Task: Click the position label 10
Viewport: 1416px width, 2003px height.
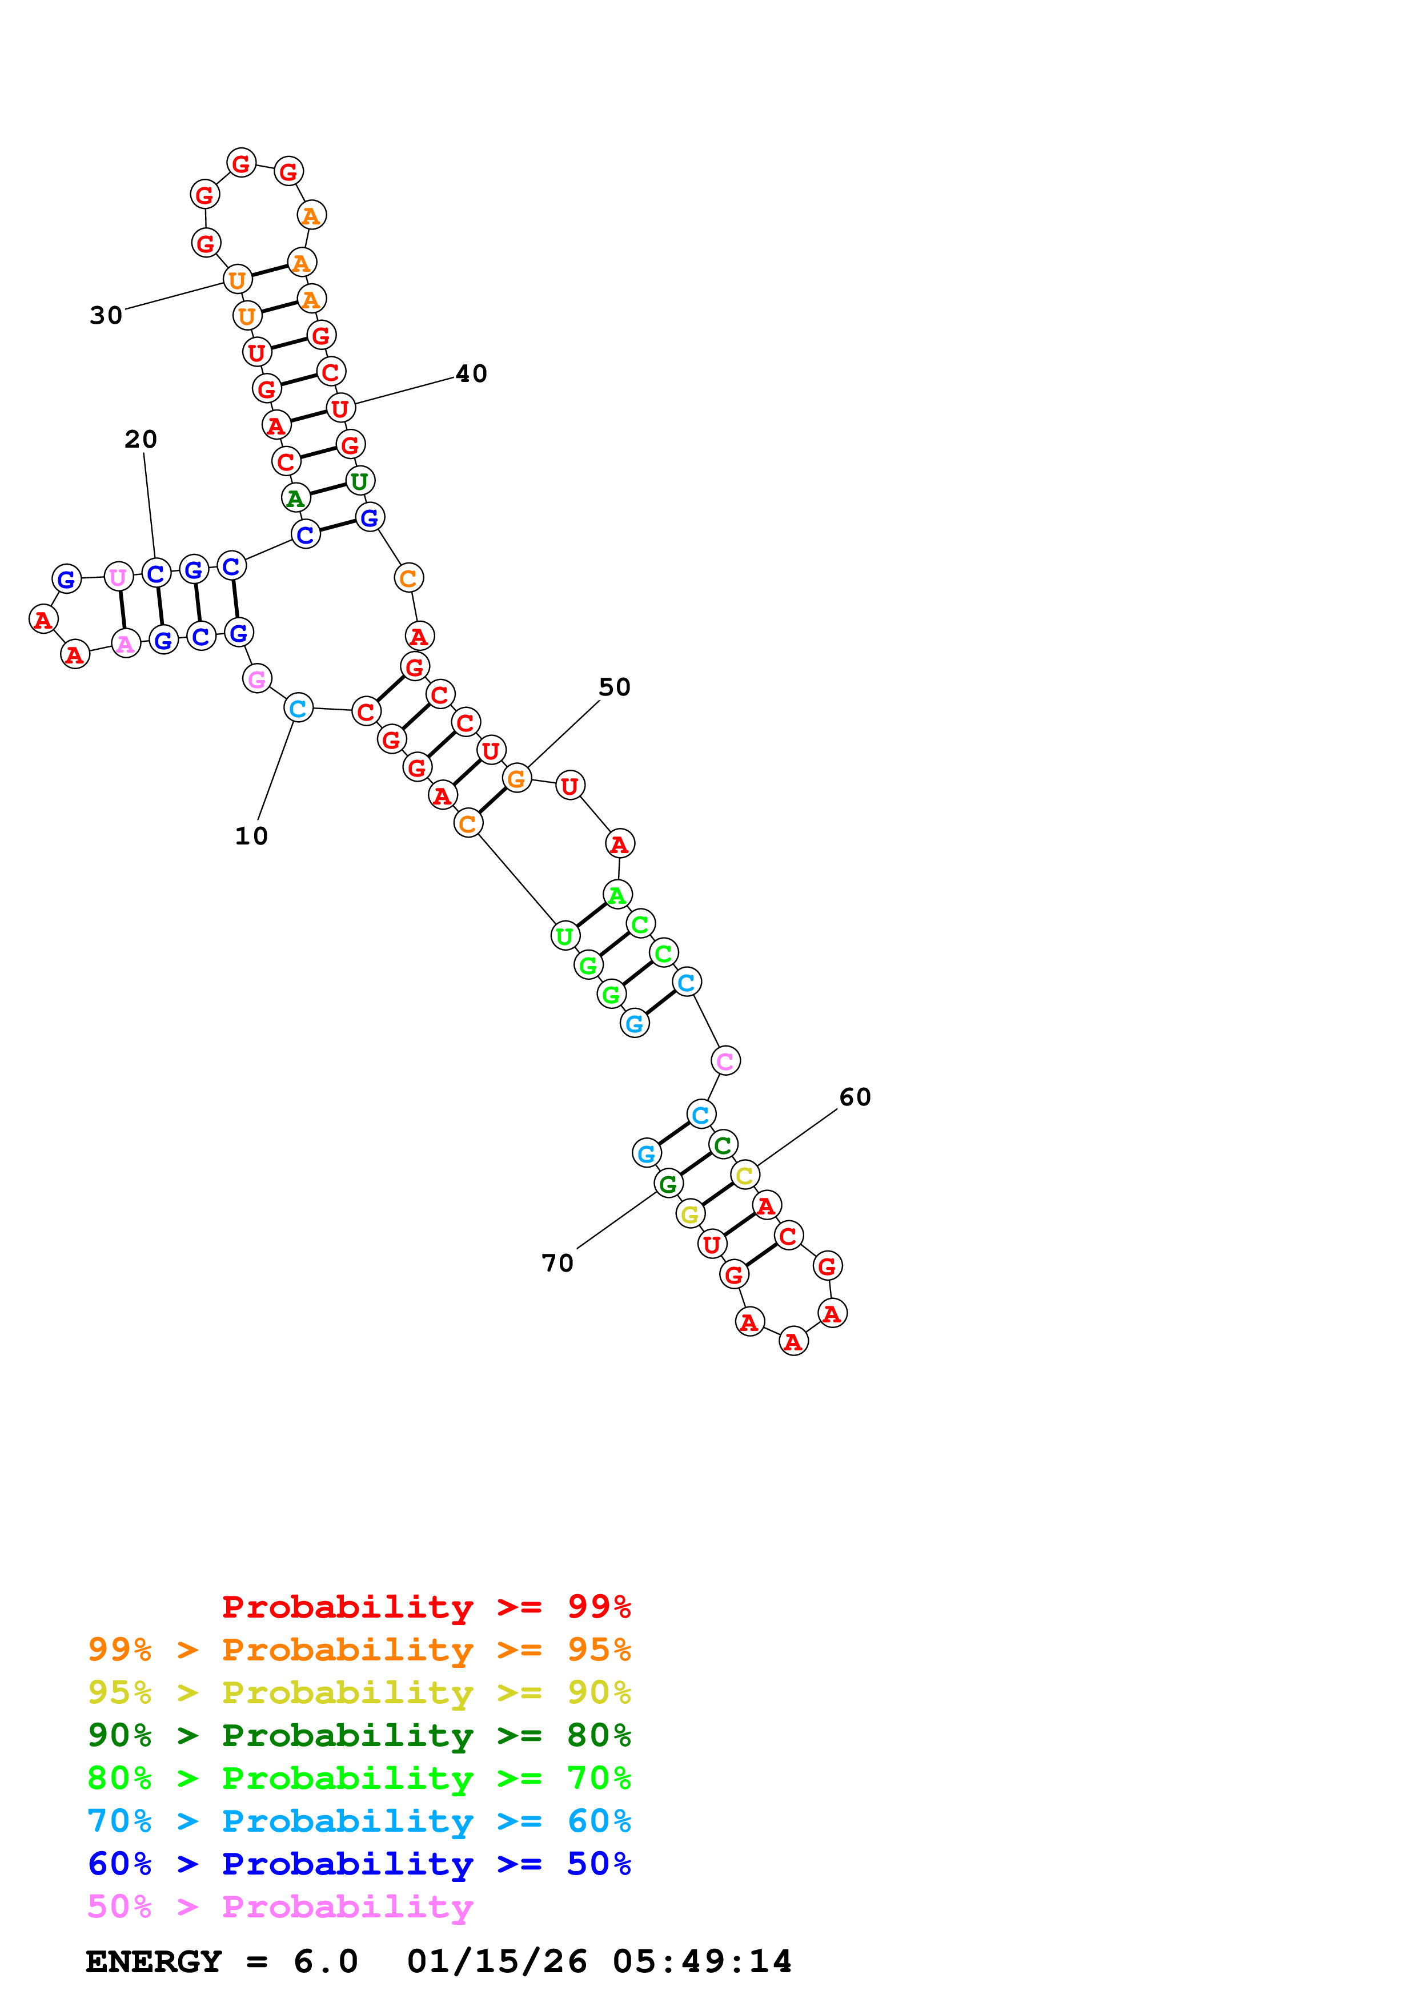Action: click(x=251, y=836)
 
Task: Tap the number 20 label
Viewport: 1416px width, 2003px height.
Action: click(x=141, y=439)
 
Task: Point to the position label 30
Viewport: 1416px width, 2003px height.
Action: click(x=106, y=315)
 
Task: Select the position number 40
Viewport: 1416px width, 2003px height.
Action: click(x=471, y=373)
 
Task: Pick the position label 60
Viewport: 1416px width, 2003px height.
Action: click(x=855, y=1097)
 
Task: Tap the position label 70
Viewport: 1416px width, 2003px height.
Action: click(x=557, y=1262)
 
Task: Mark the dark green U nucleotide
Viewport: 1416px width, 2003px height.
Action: click(x=359, y=481)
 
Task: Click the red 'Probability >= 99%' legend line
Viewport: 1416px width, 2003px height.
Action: click(x=426, y=1606)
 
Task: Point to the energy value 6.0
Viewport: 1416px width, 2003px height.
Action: click(x=326, y=1961)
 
